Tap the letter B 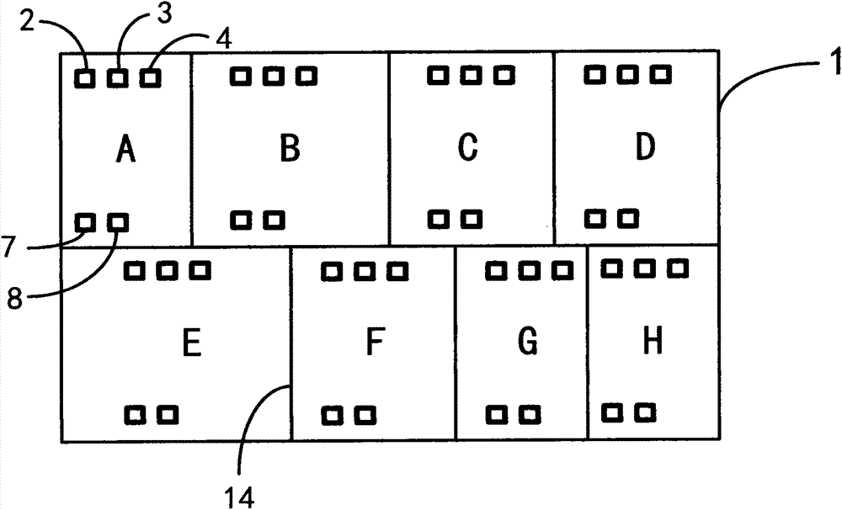[290, 149]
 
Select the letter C [468, 147]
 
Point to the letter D [644, 147]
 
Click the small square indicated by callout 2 [85, 79]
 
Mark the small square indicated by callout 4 [150, 78]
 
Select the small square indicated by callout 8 [119, 222]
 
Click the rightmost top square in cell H [678, 268]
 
